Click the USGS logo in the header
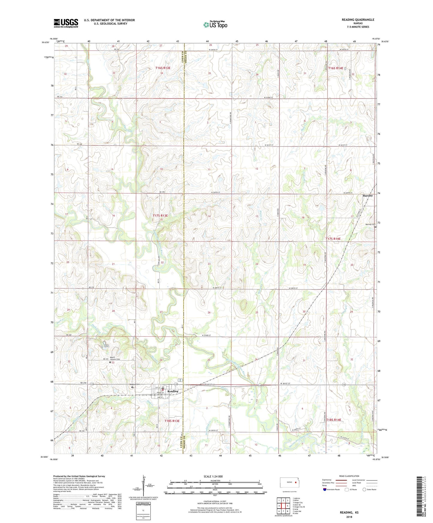click(x=66, y=23)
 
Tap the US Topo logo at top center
click(x=215, y=25)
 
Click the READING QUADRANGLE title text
click(x=358, y=20)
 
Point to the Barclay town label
click(x=368, y=196)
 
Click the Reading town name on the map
click(x=173, y=391)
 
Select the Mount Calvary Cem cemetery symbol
click(x=110, y=362)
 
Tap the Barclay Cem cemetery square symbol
click(x=375, y=227)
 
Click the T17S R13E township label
click(x=160, y=215)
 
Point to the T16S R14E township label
click(x=336, y=68)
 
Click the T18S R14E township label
click(x=334, y=420)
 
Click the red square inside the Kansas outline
click(x=295, y=483)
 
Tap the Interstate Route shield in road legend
click(x=325, y=489)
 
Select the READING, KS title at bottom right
click(x=349, y=513)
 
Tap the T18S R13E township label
click(x=172, y=421)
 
